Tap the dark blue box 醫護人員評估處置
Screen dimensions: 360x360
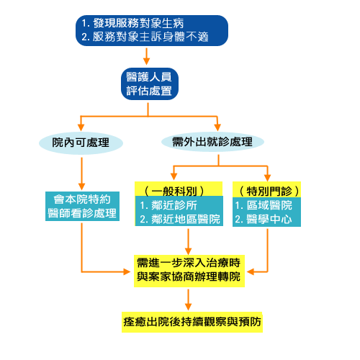pos(150,84)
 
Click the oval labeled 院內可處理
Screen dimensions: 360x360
pos(81,143)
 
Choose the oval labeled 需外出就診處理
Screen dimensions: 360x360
pos(212,142)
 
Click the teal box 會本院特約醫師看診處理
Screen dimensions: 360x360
pos(82,206)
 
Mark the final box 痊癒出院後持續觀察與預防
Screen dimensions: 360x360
pos(192,322)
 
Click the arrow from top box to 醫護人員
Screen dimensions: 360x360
pos(146,56)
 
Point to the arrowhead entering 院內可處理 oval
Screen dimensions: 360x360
pos(81,127)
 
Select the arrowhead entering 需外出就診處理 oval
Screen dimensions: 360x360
pos(217,127)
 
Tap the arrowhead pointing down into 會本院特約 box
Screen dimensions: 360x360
pos(81,186)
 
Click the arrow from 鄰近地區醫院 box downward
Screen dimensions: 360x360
pos(188,242)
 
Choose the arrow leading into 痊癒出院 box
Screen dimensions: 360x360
pos(188,300)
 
